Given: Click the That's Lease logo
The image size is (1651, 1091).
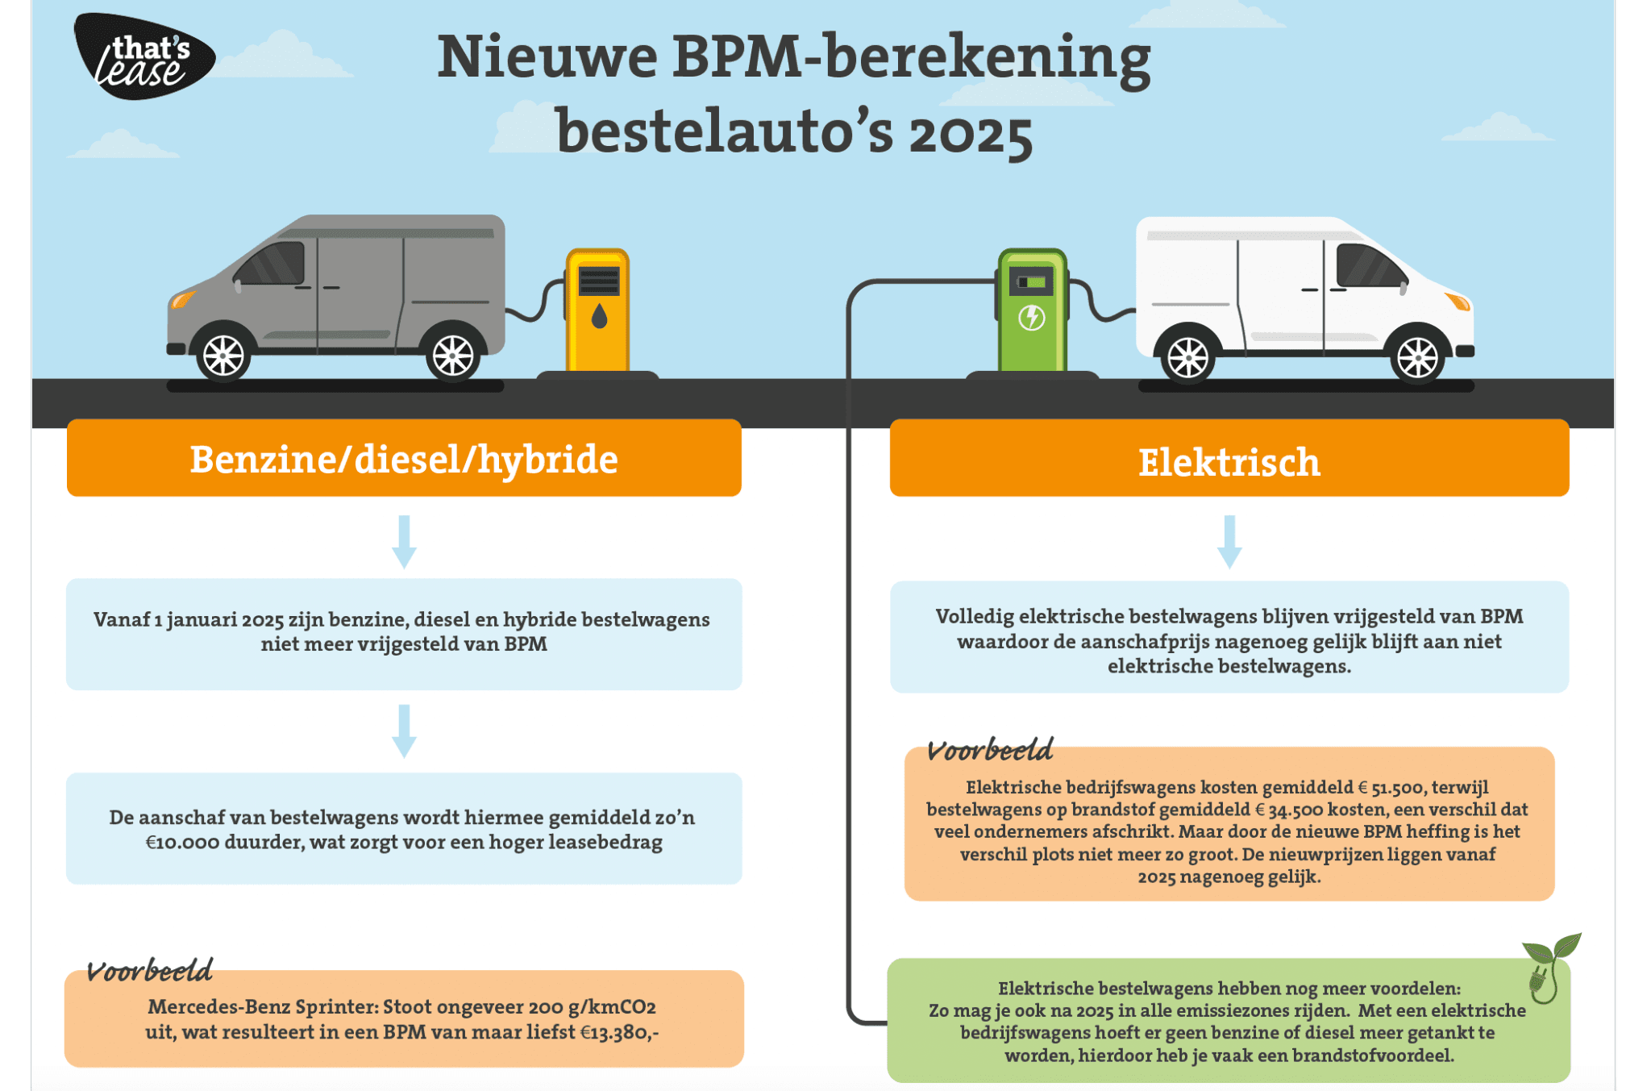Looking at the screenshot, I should [x=143, y=56].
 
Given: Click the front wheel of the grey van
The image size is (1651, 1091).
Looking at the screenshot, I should [x=223, y=355].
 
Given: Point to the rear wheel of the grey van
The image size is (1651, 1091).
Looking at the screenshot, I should [x=453, y=355].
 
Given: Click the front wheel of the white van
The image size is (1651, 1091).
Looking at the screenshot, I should [x=1417, y=356].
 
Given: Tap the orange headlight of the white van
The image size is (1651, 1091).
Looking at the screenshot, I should [x=1458, y=302].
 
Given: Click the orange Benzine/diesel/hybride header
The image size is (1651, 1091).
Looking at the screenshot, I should [x=404, y=458].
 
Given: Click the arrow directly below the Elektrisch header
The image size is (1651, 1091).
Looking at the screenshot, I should [x=1229, y=542].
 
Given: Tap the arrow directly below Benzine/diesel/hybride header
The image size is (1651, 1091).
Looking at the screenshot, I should [x=404, y=542].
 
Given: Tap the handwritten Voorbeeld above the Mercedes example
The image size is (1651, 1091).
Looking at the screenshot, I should [x=150, y=971].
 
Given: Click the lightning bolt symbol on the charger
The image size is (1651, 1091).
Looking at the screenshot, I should [x=1032, y=318].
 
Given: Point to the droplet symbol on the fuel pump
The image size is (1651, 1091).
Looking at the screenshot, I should [x=598, y=316].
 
